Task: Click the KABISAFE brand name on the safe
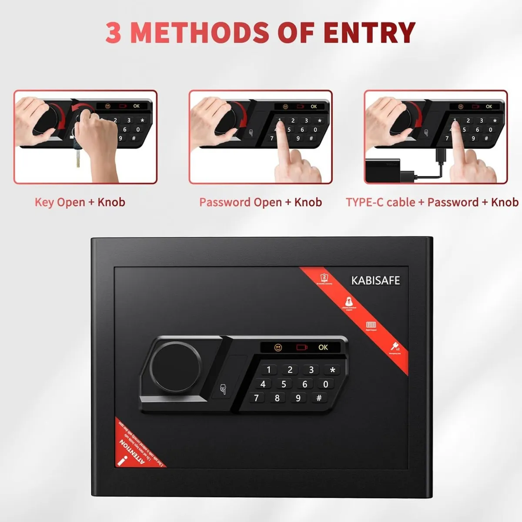375,281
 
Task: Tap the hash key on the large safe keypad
319,398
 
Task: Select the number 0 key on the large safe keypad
325,384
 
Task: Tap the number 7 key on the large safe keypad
256,398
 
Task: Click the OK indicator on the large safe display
323,347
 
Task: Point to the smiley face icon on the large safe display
278,347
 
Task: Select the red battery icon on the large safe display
301,347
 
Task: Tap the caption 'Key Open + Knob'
80,202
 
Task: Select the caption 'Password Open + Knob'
260,202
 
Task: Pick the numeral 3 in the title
114,32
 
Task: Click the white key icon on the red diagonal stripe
394,347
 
